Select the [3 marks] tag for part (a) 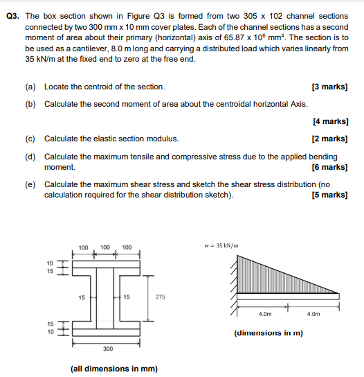coord(329,87)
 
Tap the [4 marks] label coord(329,121)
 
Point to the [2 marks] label coord(329,138)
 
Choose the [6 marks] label coord(329,167)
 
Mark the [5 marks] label coord(329,195)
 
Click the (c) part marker coord(30,138)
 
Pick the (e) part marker coord(30,184)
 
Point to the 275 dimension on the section coord(161,297)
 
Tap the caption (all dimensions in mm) coord(114,368)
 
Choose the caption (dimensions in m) coord(269,333)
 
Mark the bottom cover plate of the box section coord(109,333)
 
